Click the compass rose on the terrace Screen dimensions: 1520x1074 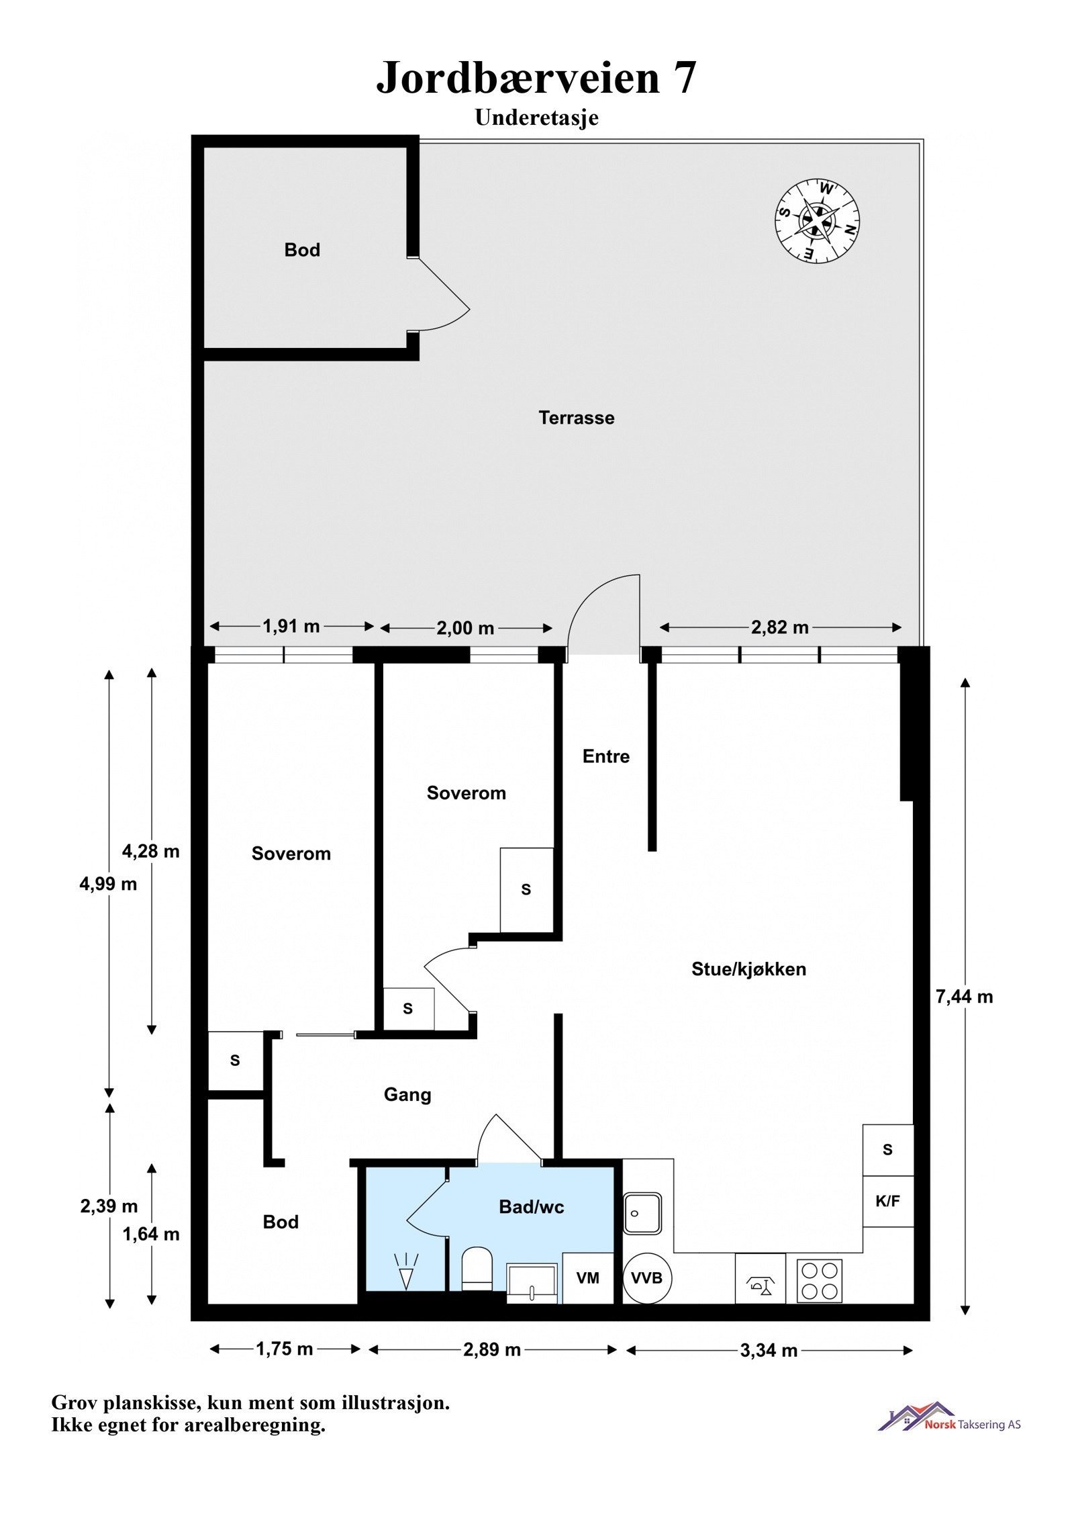point(817,221)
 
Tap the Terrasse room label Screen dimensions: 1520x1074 point(576,418)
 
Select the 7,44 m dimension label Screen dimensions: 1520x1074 point(964,997)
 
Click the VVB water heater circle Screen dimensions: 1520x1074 point(646,1278)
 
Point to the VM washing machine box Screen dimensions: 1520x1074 point(588,1278)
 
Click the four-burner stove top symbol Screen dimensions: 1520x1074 point(820,1280)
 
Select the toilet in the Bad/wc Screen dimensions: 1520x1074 point(477,1268)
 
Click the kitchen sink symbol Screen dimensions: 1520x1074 point(642,1213)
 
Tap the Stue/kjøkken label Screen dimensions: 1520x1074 point(748,969)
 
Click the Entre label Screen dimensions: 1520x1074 point(605,756)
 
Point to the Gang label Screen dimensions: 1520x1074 point(407,1094)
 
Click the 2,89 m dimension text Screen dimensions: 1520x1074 point(491,1350)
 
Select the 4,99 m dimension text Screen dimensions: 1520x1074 point(108,884)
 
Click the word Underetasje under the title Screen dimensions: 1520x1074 point(536,118)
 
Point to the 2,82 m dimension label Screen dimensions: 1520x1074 point(779,627)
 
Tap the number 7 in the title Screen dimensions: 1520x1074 point(683,79)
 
